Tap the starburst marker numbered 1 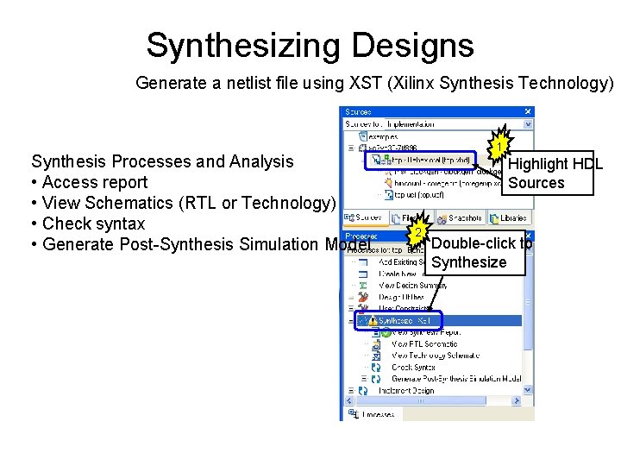click(499, 148)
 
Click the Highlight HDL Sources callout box click(555, 173)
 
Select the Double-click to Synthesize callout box click(479, 253)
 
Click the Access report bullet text click(94, 182)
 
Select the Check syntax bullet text click(93, 224)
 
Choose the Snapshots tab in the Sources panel click(460, 218)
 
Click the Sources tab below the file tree click(367, 218)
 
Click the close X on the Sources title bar click(528, 111)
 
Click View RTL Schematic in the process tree click(423, 343)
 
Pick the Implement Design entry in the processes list click(405, 390)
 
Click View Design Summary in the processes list click(413, 285)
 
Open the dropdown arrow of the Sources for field click(528, 124)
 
